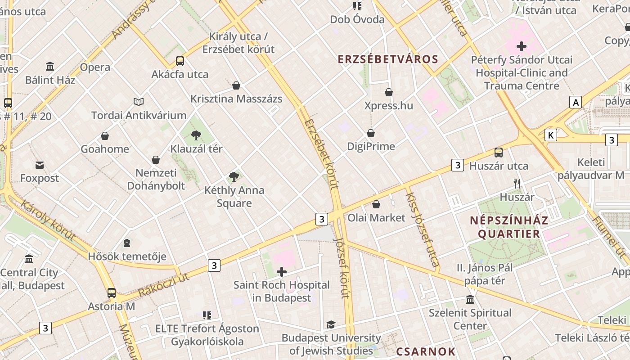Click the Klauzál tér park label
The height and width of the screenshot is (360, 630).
(x=196, y=148)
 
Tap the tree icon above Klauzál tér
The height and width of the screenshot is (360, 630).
(x=196, y=135)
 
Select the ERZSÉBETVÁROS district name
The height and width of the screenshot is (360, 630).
(x=388, y=59)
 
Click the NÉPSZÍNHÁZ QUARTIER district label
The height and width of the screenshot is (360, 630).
(x=509, y=227)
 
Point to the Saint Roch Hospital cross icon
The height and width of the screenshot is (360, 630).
(x=282, y=272)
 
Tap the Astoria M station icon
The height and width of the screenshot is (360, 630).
(x=112, y=293)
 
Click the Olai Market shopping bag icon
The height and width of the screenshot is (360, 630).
(x=376, y=204)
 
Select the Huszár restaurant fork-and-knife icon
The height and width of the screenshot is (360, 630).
(x=517, y=184)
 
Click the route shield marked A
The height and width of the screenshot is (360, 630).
(x=576, y=103)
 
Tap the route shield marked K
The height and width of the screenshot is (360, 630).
(x=550, y=135)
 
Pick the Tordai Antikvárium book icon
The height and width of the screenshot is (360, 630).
(x=139, y=102)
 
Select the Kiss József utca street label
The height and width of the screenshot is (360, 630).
(x=422, y=229)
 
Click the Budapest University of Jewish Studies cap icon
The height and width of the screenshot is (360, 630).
(x=331, y=324)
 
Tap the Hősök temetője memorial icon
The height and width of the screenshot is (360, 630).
(x=127, y=243)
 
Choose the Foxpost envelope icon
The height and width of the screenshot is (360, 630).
(x=40, y=165)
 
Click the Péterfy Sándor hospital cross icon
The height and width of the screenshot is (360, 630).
(x=522, y=46)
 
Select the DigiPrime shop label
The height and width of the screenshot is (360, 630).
(x=371, y=146)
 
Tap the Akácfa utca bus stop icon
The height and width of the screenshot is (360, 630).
(x=180, y=61)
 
